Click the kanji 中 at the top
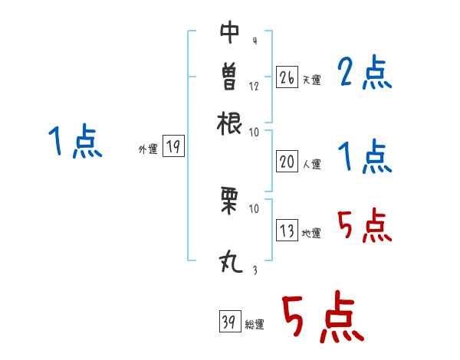point(229,31)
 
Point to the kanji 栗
point(229,199)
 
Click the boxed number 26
point(287,77)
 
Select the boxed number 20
point(287,161)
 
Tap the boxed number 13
point(287,231)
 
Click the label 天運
point(311,80)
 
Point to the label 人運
point(311,163)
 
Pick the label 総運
point(255,325)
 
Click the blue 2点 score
point(365,74)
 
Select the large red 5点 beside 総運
point(322,319)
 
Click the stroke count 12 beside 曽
point(254,86)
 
